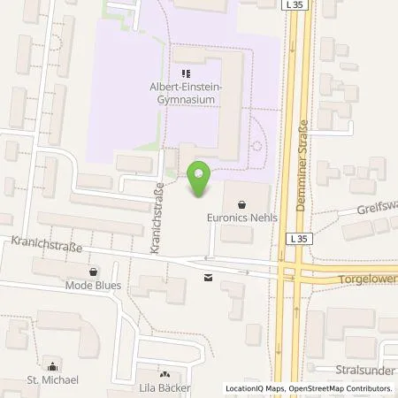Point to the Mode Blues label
[93, 286]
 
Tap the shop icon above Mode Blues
[93, 272]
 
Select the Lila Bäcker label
[165, 387]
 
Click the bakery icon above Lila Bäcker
[165, 375]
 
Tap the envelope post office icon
[207, 278]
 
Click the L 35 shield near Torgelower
[295, 239]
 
